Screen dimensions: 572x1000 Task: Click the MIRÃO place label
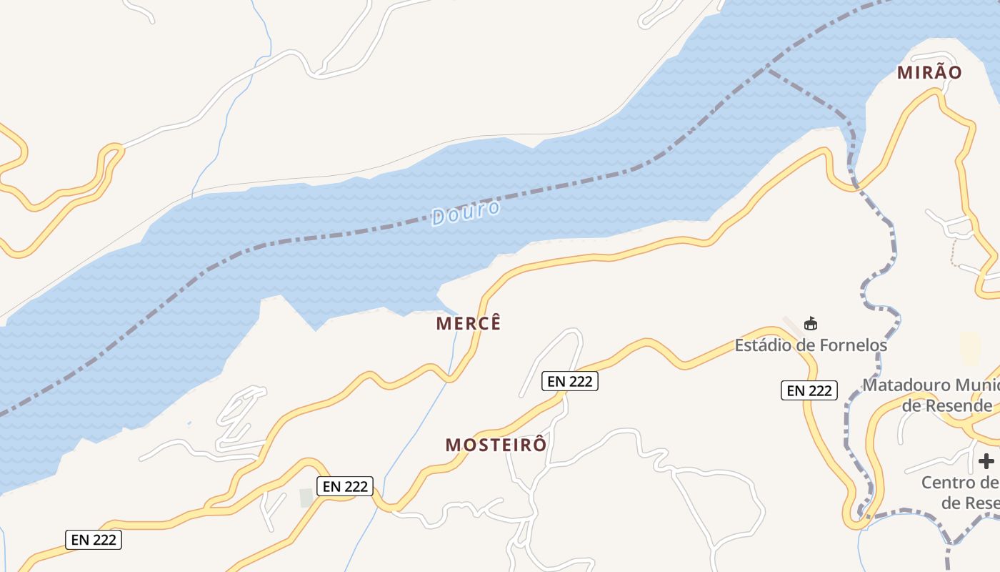click(x=929, y=72)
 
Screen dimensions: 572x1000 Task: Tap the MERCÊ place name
click(x=469, y=323)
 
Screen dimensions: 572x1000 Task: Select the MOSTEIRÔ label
click(x=496, y=445)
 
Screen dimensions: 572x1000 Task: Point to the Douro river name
click(x=466, y=213)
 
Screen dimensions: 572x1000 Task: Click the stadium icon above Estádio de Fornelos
click(x=811, y=325)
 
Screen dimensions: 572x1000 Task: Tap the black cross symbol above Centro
click(x=986, y=460)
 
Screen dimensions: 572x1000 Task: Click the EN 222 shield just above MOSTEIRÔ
click(x=569, y=381)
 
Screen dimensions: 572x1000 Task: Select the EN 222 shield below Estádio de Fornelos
click(x=809, y=390)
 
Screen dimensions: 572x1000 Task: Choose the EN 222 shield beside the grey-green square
click(x=345, y=486)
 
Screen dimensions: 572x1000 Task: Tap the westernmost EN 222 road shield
click(x=94, y=540)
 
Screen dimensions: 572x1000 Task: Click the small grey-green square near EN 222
click(x=306, y=498)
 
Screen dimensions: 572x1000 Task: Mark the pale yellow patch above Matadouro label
click(x=970, y=348)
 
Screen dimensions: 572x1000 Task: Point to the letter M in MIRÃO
click(x=904, y=72)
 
